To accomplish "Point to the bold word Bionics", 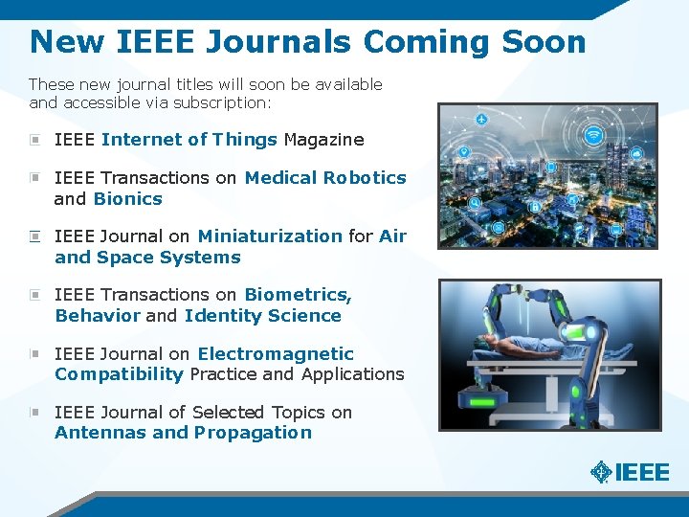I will point(127,199).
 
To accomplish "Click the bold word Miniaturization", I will point(270,236).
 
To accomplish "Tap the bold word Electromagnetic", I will point(276,354).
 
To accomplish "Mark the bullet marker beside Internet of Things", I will point(34,140).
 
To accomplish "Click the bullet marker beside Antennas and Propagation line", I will point(34,413).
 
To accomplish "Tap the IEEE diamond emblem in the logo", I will point(601,471).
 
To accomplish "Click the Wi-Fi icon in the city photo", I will point(593,136).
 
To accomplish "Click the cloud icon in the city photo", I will point(636,153).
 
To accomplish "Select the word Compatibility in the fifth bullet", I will point(119,374).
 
